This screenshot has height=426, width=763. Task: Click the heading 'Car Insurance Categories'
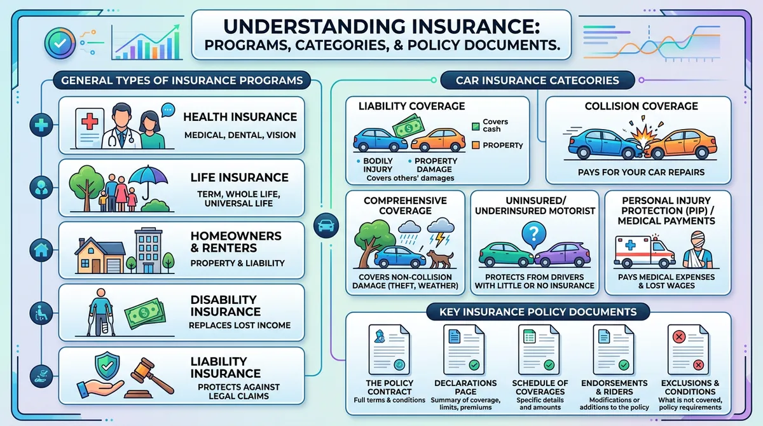tap(537, 80)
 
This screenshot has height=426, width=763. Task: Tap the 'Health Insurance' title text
tap(240, 117)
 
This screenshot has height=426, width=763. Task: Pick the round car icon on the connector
tap(327, 225)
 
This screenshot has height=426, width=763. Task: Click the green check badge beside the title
tap(60, 43)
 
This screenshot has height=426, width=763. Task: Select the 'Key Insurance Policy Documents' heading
tap(538, 312)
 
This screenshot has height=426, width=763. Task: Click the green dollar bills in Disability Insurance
tap(144, 313)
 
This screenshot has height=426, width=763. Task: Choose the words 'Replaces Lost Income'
tap(239, 326)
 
